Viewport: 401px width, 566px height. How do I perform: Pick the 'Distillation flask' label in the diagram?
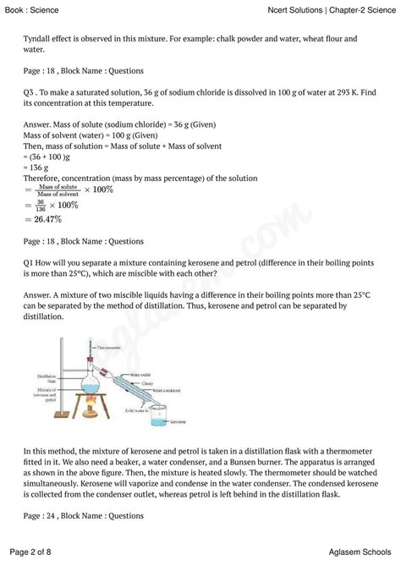click(47, 377)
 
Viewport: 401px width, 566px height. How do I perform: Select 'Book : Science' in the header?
click(36, 9)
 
